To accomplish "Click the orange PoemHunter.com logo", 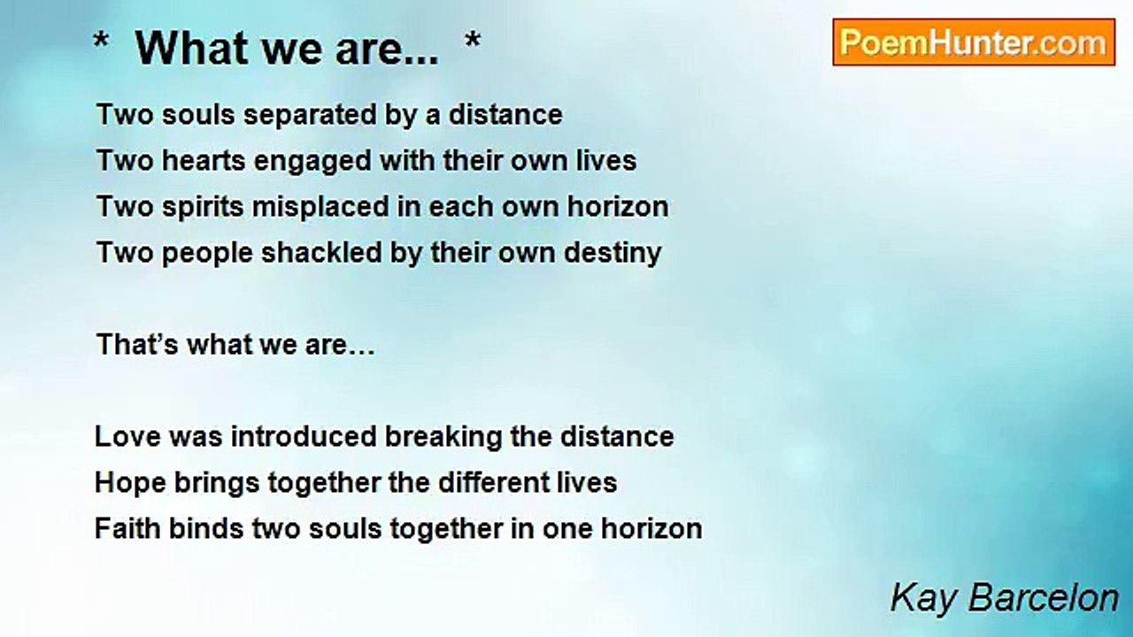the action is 974,42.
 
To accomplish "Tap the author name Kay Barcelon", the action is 1004,599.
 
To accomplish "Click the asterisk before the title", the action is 101,41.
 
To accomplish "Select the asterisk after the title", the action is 473,41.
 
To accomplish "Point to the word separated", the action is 310,115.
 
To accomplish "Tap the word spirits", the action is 203,208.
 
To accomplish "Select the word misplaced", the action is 320,208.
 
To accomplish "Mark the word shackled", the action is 321,252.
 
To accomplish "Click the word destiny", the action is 613,254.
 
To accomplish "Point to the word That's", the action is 137,345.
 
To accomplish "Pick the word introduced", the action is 304,437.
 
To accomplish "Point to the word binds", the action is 206,528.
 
